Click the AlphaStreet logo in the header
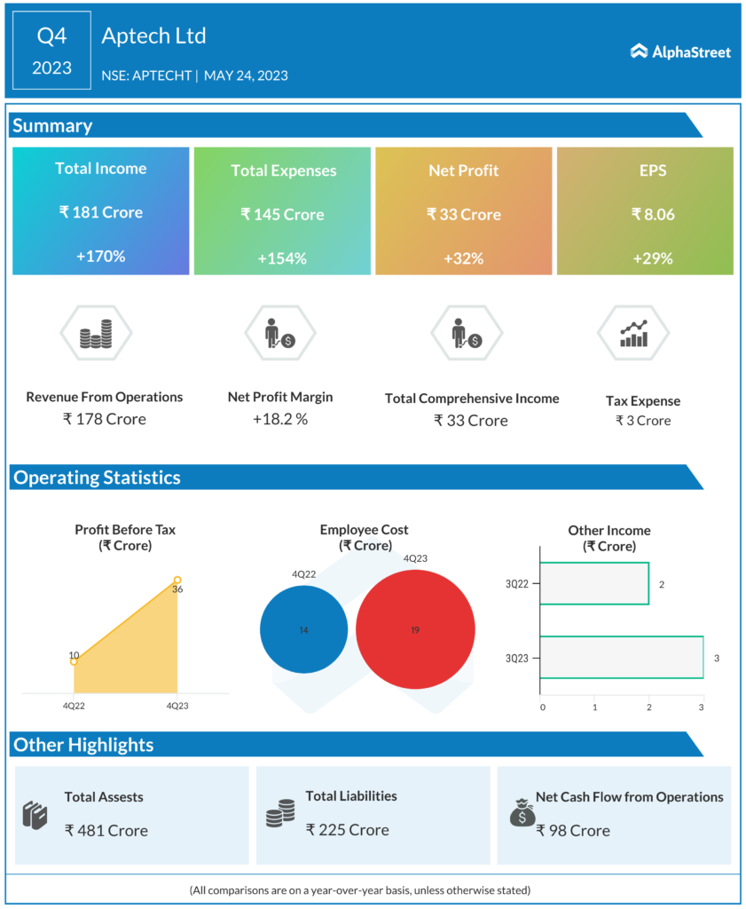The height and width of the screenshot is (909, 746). coord(680,52)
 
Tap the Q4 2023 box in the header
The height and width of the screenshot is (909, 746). coord(51,51)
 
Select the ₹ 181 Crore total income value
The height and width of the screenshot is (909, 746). coord(100,212)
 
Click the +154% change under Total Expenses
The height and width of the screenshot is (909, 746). coord(282,258)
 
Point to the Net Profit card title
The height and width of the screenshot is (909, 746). coord(464,170)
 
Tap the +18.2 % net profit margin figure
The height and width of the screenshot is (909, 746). coord(280,419)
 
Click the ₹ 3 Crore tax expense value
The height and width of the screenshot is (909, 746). coord(643,421)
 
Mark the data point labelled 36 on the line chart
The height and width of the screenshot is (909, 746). coord(177,580)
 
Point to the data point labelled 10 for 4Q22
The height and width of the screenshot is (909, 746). coord(74,661)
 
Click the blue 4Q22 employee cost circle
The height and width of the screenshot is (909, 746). coord(303,629)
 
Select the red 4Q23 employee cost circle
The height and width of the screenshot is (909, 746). coord(414,629)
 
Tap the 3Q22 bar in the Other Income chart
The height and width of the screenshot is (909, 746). coord(593,583)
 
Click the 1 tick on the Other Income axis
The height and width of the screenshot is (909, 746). coord(595,707)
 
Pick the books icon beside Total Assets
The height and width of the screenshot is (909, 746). coord(34,815)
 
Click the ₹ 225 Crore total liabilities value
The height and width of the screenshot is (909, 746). coord(348,830)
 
